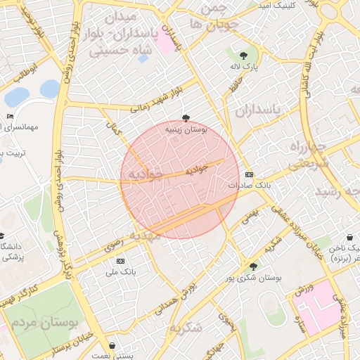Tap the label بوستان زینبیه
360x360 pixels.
(x=186, y=129)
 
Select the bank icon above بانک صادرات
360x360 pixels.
(x=248, y=174)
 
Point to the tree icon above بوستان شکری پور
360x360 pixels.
(x=253, y=266)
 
